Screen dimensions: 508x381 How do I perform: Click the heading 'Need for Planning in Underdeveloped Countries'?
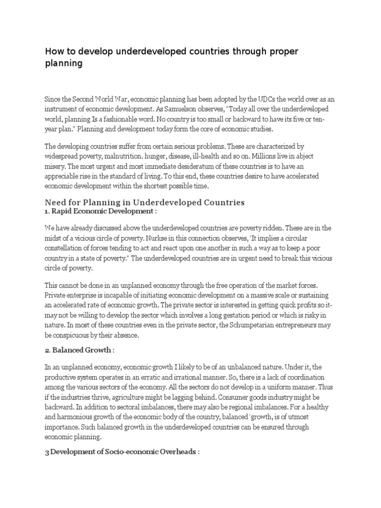pyautogui.click(x=145, y=203)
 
